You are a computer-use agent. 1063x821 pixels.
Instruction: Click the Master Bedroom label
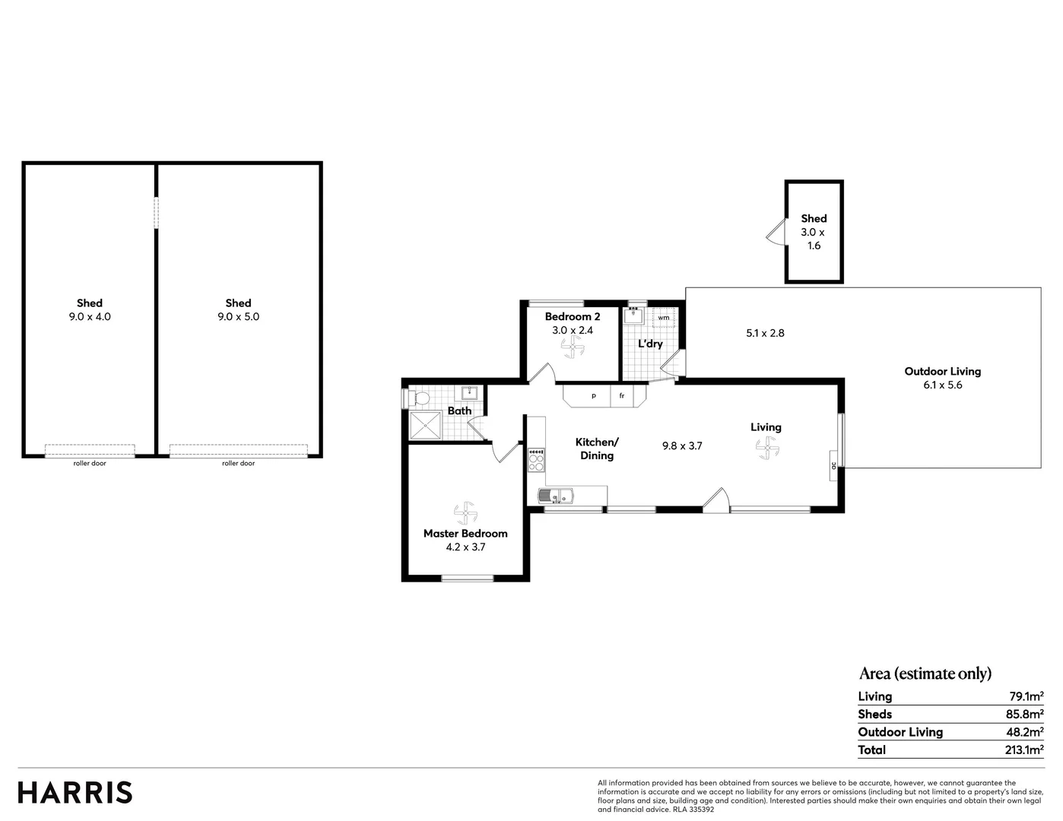[465, 534]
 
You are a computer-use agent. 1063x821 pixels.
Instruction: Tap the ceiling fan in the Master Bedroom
[465, 513]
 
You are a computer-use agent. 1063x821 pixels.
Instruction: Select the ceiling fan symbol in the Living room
[766, 451]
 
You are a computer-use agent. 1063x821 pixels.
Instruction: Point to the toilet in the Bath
[418, 398]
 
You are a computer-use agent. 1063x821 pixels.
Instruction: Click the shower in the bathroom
[425, 426]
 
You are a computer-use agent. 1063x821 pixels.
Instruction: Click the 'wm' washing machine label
[664, 318]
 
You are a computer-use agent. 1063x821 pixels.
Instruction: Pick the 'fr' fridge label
[622, 396]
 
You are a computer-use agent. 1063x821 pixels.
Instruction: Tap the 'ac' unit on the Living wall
[833, 465]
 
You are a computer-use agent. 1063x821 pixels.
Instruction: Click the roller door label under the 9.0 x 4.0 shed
[90, 463]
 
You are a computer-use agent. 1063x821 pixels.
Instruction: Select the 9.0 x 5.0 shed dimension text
[238, 316]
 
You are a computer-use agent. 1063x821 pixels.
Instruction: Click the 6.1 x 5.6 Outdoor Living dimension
[943, 385]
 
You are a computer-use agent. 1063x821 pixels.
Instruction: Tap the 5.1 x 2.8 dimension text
[765, 333]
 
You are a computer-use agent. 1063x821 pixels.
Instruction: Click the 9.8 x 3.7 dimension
[682, 446]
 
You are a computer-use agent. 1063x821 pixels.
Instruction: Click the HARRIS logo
[75, 792]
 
